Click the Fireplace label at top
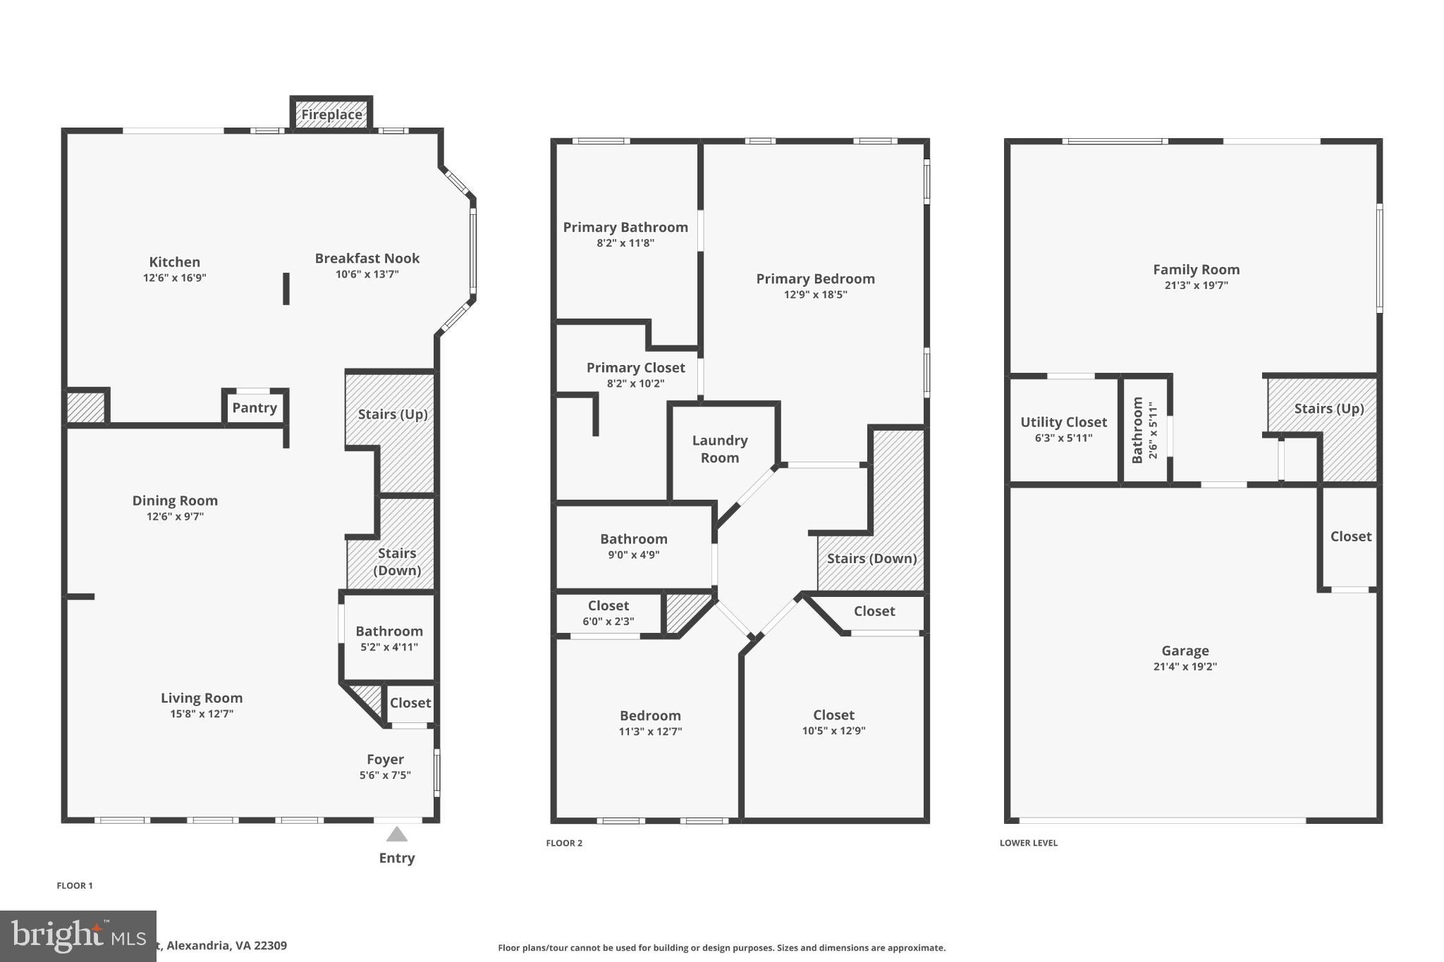click(331, 114)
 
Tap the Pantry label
click(255, 407)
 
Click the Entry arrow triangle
click(397, 835)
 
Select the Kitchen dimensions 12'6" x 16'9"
click(174, 278)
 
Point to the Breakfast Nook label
click(367, 258)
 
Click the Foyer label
click(385, 759)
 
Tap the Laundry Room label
click(720, 449)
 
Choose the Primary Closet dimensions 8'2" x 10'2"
click(635, 383)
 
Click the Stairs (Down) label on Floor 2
click(871, 558)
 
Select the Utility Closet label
click(1063, 421)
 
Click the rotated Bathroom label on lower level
click(1137, 430)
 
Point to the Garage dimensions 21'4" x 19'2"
click(1185, 667)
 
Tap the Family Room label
click(1196, 269)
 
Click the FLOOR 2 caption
click(564, 843)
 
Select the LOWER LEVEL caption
click(1028, 843)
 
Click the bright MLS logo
click(78, 936)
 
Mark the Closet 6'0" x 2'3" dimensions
click(608, 622)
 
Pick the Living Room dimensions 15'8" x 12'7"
click(201, 714)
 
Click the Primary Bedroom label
click(815, 278)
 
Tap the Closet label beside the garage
click(1350, 536)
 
